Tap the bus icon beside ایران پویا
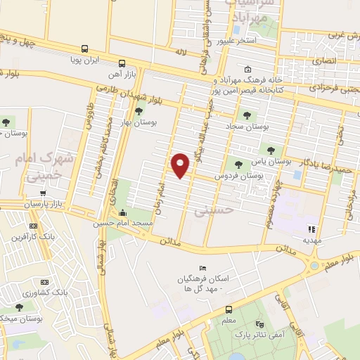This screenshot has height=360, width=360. [84, 49]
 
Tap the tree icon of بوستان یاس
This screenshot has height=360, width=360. [271, 150]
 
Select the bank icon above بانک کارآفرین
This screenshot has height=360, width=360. [33, 226]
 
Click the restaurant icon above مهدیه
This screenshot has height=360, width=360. [312, 228]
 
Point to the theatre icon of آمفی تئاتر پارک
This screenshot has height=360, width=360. [260, 325]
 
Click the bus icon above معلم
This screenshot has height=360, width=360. [229, 309]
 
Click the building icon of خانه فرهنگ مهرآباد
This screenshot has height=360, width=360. [248, 69]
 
